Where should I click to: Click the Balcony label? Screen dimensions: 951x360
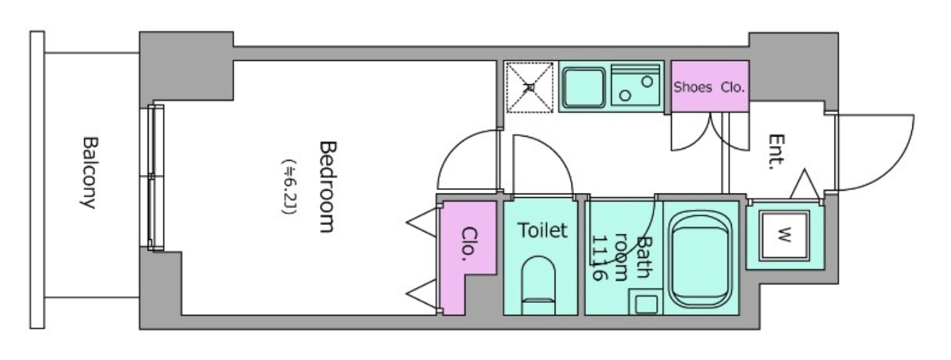[x=89, y=172]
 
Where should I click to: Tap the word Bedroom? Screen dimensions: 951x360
[x=328, y=187]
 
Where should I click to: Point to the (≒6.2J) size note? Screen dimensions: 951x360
[x=290, y=187]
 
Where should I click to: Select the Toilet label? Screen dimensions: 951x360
[x=542, y=230]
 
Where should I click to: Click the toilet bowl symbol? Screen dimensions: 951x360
[x=538, y=285]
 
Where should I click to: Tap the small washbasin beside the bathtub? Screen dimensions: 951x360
[x=645, y=302]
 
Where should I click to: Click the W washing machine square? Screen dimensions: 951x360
[x=785, y=235]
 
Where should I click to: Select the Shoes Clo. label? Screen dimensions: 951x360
[x=709, y=87]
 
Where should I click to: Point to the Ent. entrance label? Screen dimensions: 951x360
[x=777, y=151]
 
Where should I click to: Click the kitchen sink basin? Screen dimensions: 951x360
[x=584, y=87]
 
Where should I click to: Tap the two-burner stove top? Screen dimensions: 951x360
[x=635, y=86]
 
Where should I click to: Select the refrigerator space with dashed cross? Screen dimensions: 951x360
[x=530, y=87]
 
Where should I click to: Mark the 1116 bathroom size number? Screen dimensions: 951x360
[x=598, y=258]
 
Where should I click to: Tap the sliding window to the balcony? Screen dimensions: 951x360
[x=156, y=177]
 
